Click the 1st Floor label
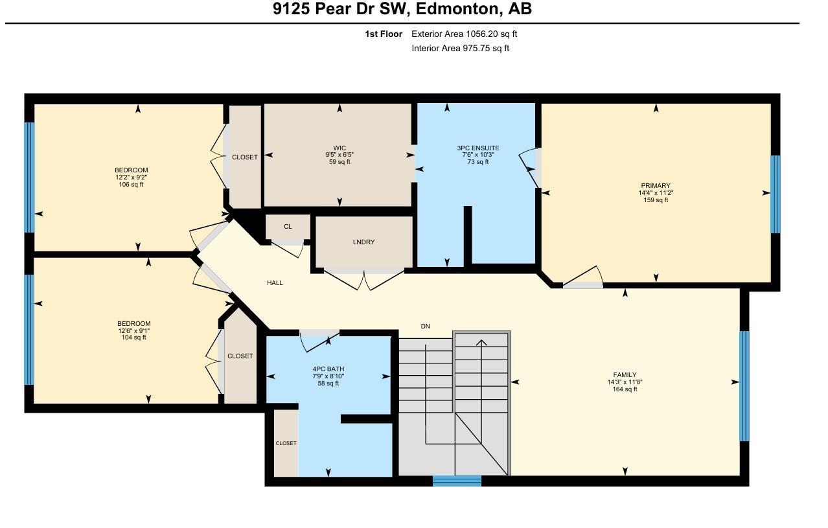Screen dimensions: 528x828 pyautogui.click(x=384, y=34)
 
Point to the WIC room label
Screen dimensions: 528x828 pyautogui.click(x=339, y=147)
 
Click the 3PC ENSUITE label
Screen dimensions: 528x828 pyautogui.click(x=477, y=148)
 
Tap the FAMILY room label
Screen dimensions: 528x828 pyautogui.click(x=625, y=374)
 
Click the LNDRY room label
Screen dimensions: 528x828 pyautogui.click(x=363, y=242)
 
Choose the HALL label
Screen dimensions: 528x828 pyautogui.click(x=275, y=282)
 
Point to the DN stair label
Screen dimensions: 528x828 pyautogui.click(x=425, y=326)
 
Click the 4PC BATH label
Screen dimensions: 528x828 pyautogui.click(x=328, y=369)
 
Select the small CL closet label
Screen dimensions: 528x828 pyautogui.click(x=288, y=227)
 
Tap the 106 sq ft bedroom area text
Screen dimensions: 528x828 pyautogui.click(x=132, y=185)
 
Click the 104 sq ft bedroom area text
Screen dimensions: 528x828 pyautogui.click(x=133, y=338)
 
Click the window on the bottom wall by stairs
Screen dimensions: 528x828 pyautogui.click(x=457, y=481)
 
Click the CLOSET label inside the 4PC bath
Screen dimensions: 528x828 pyautogui.click(x=286, y=443)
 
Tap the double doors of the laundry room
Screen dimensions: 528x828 pyautogui.click(x=364, y=279)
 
